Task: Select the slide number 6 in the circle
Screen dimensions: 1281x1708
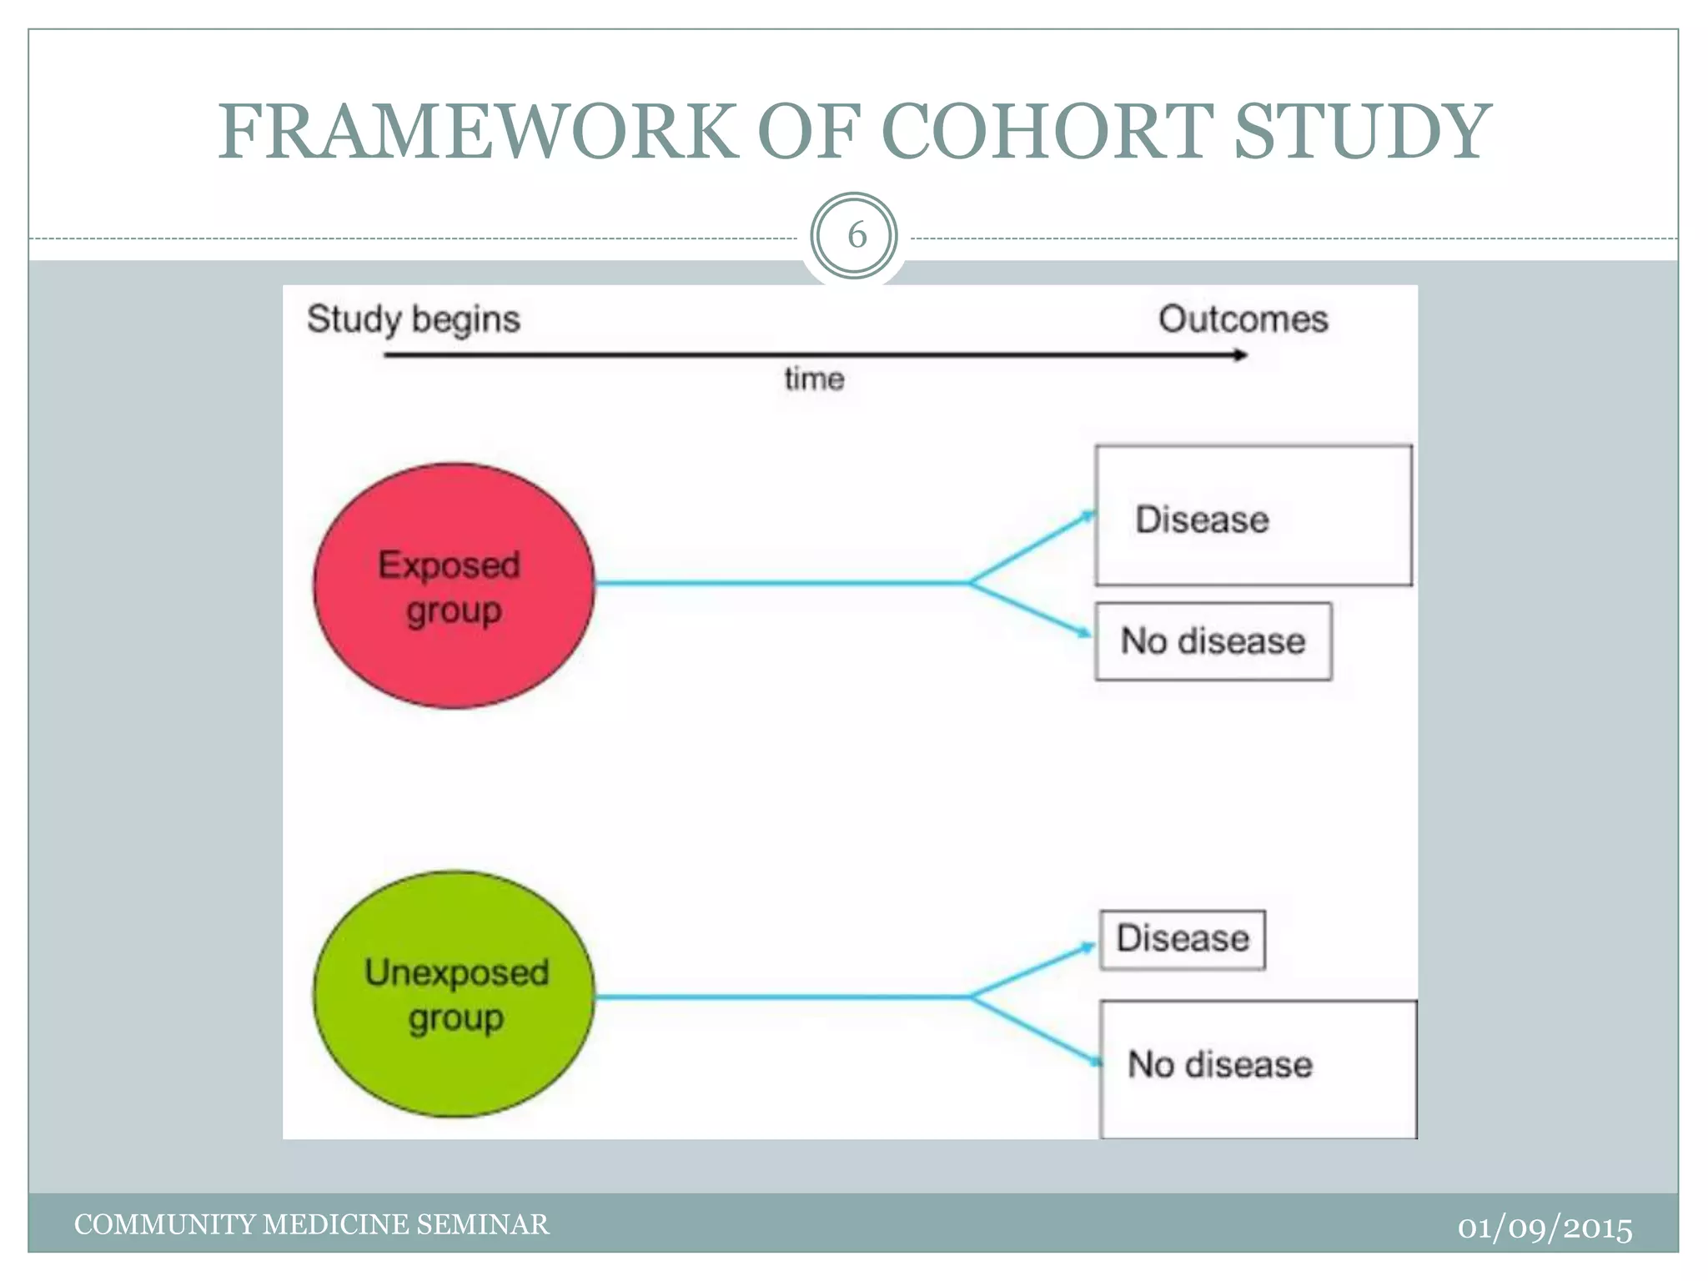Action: [855, 236]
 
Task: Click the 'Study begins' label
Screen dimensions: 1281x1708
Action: [413, 319]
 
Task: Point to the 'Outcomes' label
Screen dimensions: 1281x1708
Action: [1243, 319]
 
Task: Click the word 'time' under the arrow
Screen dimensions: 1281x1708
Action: [814, 379]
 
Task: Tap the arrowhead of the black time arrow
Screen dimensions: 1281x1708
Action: [1241, 355]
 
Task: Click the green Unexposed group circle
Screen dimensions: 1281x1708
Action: [455, 994]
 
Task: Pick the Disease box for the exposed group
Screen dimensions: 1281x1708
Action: [1253, 516]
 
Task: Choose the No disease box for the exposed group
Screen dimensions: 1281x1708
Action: [1213, 641]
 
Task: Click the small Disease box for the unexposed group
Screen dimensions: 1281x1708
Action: [1182, 939]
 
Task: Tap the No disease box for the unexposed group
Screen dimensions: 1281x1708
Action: [1258, 1067]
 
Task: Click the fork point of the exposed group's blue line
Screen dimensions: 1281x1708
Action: [970, 583]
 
